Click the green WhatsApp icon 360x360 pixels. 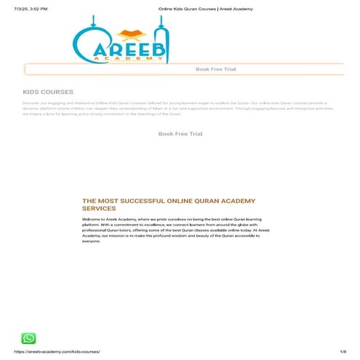coord(28,338)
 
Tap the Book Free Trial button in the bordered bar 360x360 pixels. coord(215,69)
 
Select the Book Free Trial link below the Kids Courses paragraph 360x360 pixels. coord(180,134)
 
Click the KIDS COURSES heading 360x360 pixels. coord(48,92)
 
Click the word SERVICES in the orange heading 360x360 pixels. coord(99,208)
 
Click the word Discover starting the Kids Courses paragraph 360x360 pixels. coord(31,103)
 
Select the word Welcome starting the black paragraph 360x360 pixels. coord(92,219)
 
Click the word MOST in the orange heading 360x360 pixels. coord(107,200)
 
